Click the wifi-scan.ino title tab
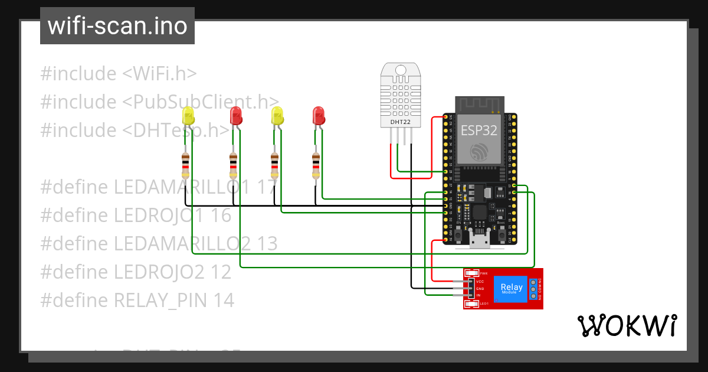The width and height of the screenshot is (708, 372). pyautogui.click(x=117, y=26)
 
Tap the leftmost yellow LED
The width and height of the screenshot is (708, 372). pyautogui.click(x=188, y=116)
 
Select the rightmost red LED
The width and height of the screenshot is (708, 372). pyautogui.click(x=319, y=115)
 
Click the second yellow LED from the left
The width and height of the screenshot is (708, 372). pyautogui.click(x=277, y=116)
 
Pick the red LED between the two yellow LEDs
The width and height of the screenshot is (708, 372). pyautogui.click(x=236, y=115)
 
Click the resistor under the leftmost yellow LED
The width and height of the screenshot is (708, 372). pyautogui.click(x=186, y=165)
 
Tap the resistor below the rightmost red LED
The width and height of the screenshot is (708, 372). pyautogui.click(x=316, y=165)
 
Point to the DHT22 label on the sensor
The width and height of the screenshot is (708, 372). pyautogui.click(x=401, y=122)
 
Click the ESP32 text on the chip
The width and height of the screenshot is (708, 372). pyautogui.click(x=479, y=130)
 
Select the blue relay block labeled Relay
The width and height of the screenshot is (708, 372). pyautogui.click(x=510, y=289)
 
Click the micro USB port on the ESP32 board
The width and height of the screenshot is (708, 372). pyautogui.click(x=478, y=239)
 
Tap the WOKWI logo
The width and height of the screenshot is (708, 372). pyautogui.click(x=626, y=325)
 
